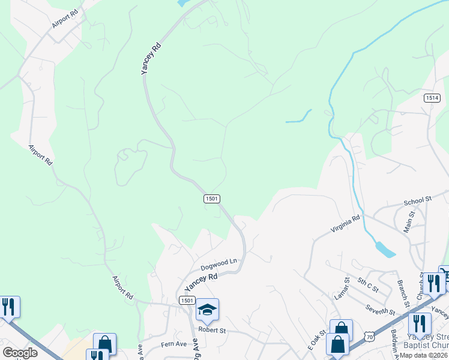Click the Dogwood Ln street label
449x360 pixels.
tap(219, 263)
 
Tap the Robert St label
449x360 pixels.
tap(212, 330)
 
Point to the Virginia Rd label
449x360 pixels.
tap(346, 224)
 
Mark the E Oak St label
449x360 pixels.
tap(316, 340)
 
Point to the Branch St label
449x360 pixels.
tap(402, 290)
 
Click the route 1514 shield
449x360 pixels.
tap(431, 98)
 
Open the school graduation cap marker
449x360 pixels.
tap(207, 309)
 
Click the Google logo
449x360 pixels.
tap(20, 353)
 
